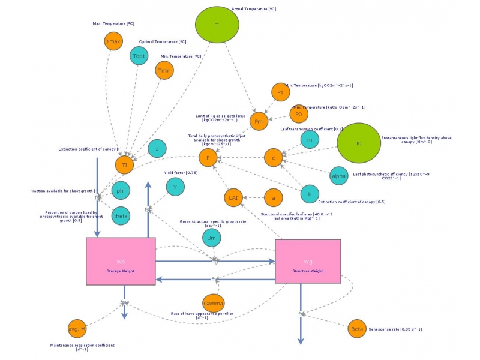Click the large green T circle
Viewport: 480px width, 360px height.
[x=217, y=25]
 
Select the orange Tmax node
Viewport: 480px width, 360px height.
[x=113, y=41]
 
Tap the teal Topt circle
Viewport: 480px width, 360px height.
[x=139, y=56]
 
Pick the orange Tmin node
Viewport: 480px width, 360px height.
[x=164, y=71]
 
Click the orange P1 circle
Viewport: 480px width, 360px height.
[x=280, y=92]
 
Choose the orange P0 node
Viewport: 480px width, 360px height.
[x=299, y=113]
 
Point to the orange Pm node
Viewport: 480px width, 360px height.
[x=259, y=121]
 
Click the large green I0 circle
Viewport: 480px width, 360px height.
[x=359, y=144]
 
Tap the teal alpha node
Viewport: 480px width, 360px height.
[x=338, y=176]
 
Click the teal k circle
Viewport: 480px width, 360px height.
[x=310, y=194]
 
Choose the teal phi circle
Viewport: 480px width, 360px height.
[x=121, y=190]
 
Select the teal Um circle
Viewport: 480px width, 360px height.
[x=211, y=238]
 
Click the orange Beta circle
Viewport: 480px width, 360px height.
[x=357, y=329]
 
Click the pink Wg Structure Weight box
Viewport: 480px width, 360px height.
[x=308, y=262]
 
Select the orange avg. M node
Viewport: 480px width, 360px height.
[x=77, y=329]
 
